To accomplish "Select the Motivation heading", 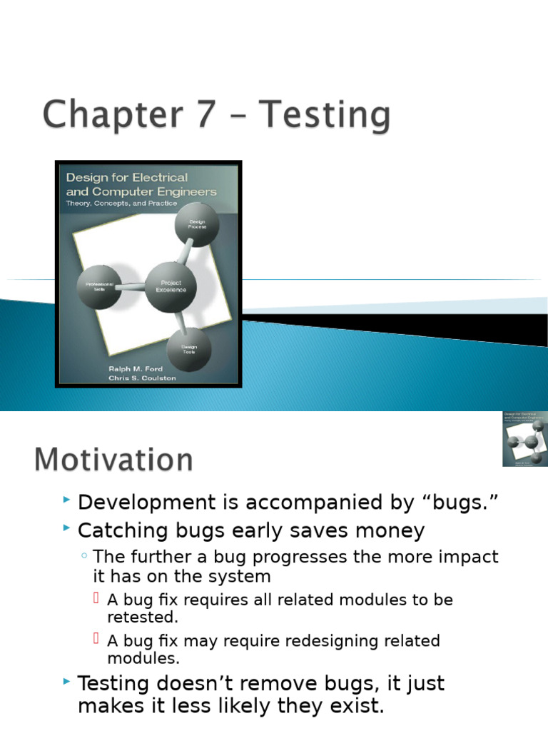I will pyautogui.click(x=113, y=460).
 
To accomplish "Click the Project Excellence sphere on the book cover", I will pyautogui.click(x=171, y=287).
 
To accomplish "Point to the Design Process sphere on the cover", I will pyautogui.click(x=197, y=224).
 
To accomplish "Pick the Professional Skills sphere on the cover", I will pyautogui.click(x=98, y=286).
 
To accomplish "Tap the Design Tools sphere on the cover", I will pyautogui.click(x=188, y=350).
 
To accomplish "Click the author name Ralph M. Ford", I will pyautogui.click(x=136, y=368).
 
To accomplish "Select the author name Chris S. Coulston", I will pyautogui.click(x=141, y=378).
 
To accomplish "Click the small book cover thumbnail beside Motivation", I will pyautogui.click(x=524, y=438).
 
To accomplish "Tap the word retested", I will pyautogui.click(x=143, y=617).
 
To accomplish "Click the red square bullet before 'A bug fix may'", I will pyautogui.click(x=96, y=639).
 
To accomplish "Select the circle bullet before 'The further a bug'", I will pyautogui.click(x=85, y=556).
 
